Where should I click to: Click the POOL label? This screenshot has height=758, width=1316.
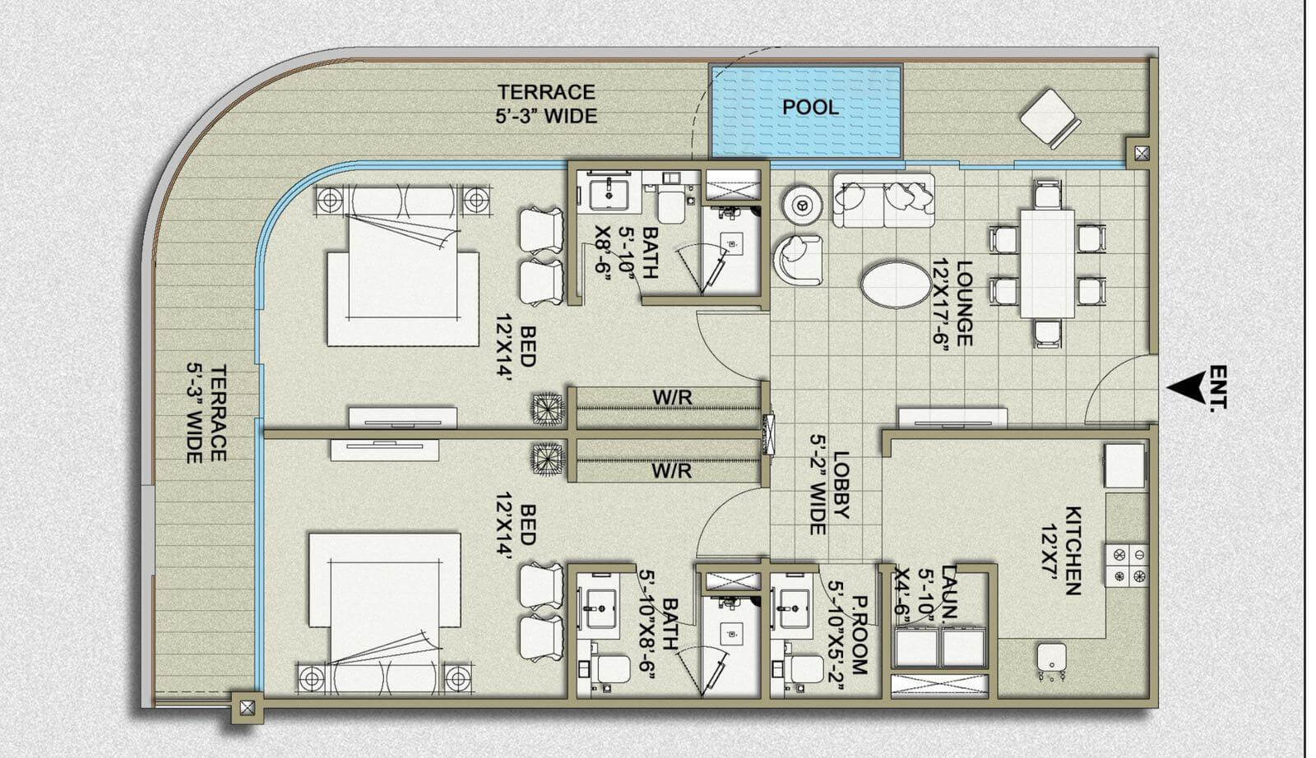(811, 108)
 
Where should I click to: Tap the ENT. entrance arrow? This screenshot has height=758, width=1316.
(1187, 388)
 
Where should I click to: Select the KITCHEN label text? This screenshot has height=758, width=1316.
(1073, 550)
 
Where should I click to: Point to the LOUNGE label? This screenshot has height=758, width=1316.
(964, 303)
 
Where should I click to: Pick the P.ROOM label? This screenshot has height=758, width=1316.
(860, 636)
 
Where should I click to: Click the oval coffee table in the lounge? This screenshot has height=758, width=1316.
(896, 284)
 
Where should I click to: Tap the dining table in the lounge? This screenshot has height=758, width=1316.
(1048, 264)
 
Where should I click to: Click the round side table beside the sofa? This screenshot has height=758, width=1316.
(800, 205)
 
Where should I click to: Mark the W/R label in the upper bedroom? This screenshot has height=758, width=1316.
(672, 398)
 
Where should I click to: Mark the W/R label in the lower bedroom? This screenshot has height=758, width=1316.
(671, 471)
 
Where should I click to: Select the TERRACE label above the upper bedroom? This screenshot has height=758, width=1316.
(547, 104)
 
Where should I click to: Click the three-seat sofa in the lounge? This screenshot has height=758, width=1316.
(883, 201)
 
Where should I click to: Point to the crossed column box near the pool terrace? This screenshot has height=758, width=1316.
(1142, 154)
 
